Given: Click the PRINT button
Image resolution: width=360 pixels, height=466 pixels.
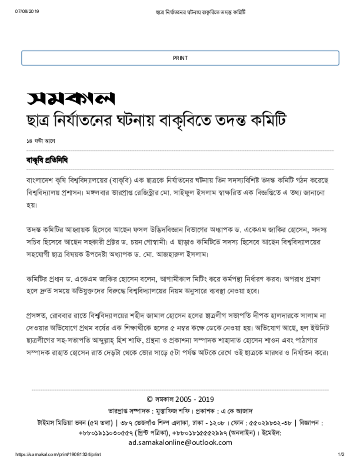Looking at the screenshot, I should (180, 58).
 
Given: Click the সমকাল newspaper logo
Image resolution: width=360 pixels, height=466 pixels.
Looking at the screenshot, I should (71, 98).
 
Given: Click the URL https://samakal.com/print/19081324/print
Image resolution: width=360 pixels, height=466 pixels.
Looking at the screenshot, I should (58, 455).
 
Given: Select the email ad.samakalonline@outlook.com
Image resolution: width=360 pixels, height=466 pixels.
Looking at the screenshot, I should (180, 442).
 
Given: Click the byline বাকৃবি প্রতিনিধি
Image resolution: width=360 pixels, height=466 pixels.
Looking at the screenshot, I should (47, 161).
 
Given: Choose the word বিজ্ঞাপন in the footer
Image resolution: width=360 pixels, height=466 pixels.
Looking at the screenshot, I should (310, 422).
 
